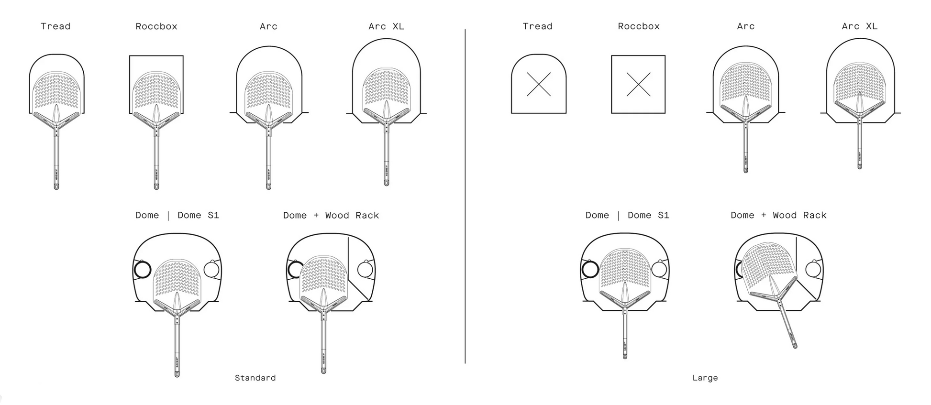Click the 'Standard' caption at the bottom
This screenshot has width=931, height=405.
(255, 378)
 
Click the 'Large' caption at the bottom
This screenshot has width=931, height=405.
(705, 378)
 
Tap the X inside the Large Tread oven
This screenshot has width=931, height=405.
(539, 85)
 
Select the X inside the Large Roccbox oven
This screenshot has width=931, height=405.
(638, 85)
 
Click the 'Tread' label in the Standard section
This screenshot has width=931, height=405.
(55, 26)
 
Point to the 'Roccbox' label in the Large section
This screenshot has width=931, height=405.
(639, 26)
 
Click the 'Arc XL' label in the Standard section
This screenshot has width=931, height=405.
(386, 26)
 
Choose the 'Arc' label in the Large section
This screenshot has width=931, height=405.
(745, 26)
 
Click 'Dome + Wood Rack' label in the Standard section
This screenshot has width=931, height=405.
(331, 215)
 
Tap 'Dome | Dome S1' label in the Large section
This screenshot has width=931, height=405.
(627, 215)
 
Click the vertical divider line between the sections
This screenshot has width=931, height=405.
(465, 196)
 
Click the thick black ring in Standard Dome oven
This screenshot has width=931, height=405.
(143, 270)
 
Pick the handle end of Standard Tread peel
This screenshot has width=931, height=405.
(56, 186)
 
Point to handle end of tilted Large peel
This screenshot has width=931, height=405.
(794, 345)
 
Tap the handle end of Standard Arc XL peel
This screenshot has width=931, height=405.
(386, 183)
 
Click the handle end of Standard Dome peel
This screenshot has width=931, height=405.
(177, 374)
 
